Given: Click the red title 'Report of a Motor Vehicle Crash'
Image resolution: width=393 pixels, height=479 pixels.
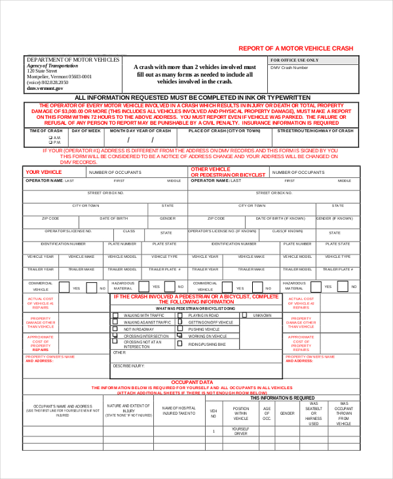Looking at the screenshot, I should [x=295, y=49].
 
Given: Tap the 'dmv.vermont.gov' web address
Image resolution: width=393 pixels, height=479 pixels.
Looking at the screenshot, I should [x=41, y=88].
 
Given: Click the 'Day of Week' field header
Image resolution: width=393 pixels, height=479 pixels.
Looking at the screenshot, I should [x=85, y=131].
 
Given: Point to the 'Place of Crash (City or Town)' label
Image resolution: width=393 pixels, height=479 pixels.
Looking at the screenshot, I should [x=224, y=131].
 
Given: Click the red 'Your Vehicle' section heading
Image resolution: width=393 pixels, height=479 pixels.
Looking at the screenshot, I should [x=43, y=172].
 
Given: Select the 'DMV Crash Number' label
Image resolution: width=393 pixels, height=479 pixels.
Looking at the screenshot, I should [x=289, y=68].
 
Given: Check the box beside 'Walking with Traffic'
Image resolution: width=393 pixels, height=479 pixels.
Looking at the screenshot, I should [x=115, y=315].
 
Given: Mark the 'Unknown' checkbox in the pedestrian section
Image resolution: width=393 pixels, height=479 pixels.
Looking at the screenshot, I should [x=244, y=315].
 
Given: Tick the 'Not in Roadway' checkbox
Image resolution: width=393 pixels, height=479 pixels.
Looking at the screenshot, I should [x=115, y=329].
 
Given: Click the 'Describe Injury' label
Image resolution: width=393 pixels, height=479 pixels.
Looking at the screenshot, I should [x=128, y=365].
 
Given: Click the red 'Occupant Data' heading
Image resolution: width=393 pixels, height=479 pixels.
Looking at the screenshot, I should [x=191, y=382].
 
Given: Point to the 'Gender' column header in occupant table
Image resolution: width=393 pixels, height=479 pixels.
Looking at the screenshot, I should [x=287, y=413].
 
